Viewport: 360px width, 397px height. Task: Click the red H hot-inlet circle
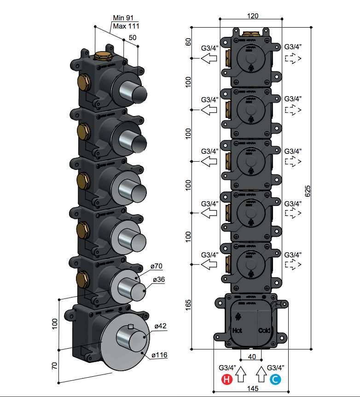click(226, 379)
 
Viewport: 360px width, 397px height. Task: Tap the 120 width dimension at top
click(252, 15)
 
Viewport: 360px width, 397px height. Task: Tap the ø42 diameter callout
click(160, 326)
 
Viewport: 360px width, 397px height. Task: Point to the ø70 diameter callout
click(157, 266)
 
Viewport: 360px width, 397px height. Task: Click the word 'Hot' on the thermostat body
click(237, 330)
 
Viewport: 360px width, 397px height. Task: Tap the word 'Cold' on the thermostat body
click(264, 330)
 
